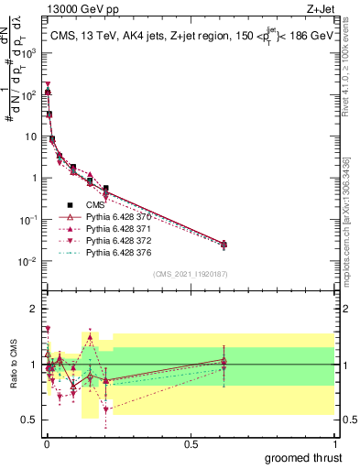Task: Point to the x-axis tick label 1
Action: [x=334, y=443]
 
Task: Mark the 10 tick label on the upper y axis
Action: [x=28, y=136]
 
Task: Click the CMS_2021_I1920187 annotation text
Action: [x=190, y=274]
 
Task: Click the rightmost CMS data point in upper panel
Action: [x=224, y=245]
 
